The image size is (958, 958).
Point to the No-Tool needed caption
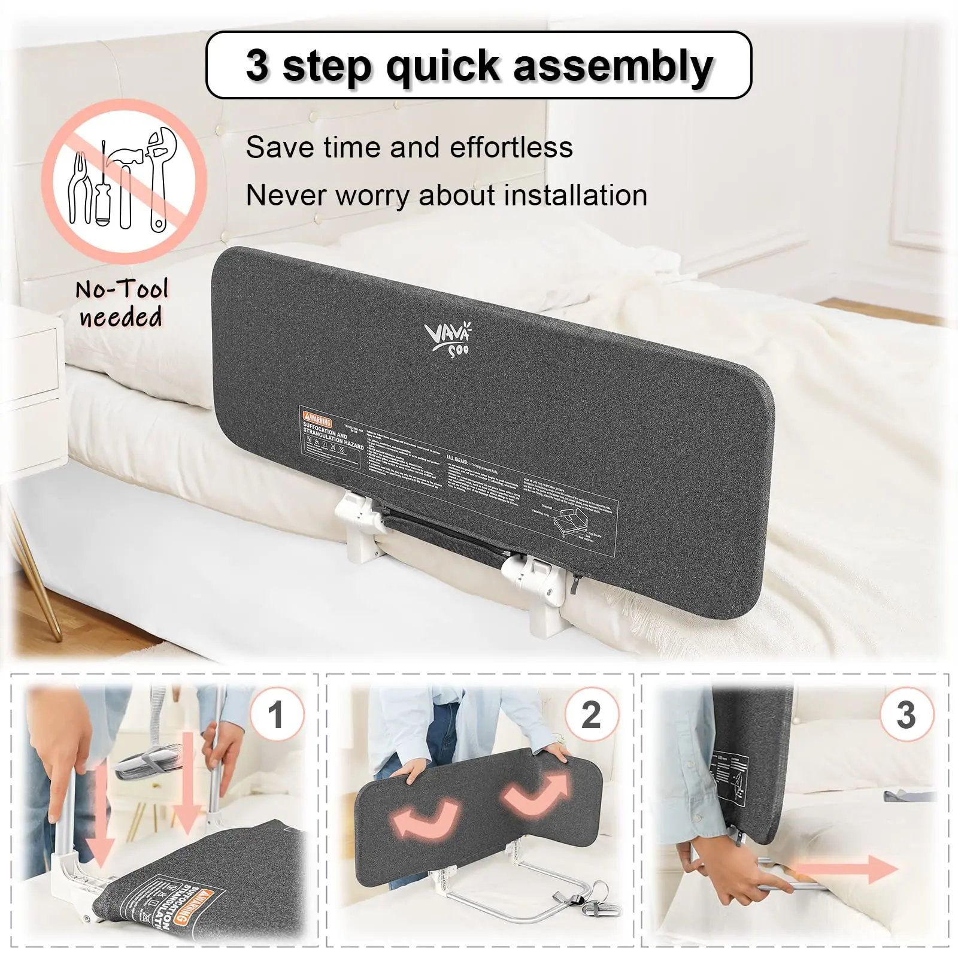coord(122,303)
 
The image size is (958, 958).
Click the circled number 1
coord(276,714)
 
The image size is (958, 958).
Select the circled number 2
coord(592,714)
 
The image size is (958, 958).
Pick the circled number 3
coord(906,714)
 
